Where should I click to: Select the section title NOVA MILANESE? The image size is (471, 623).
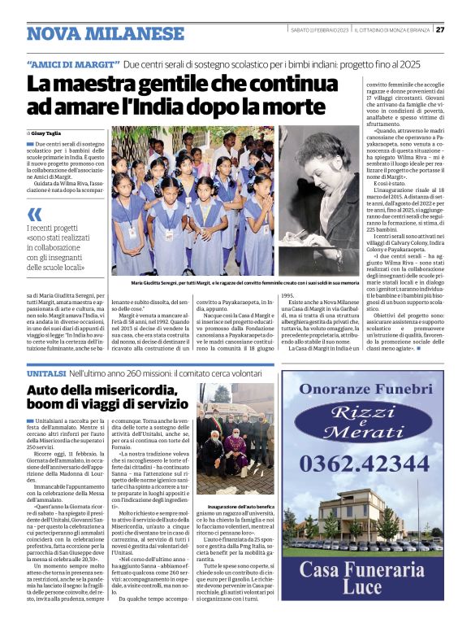coord(106,34)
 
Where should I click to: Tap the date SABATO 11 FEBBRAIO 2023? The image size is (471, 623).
coord(320,30)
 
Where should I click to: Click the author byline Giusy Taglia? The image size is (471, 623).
coord(46,132)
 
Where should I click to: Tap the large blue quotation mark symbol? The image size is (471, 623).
coord(35,214)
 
